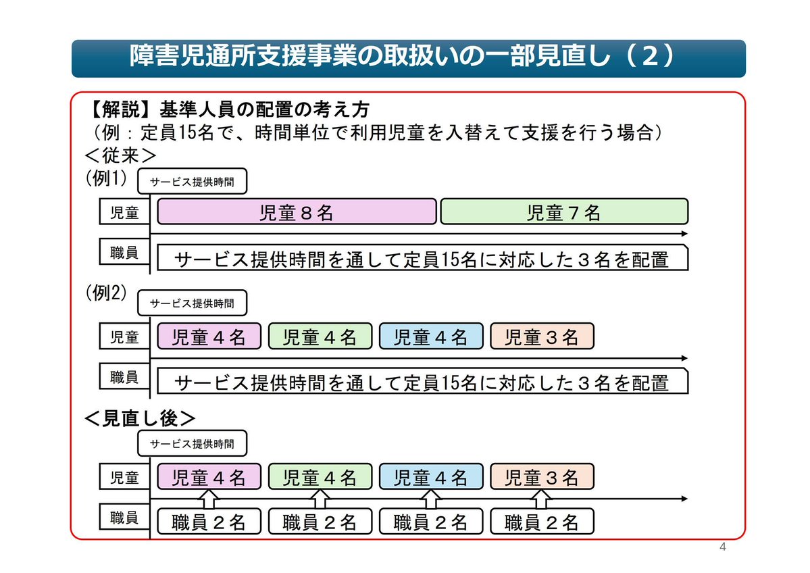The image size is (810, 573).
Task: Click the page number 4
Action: [x=722, y=547]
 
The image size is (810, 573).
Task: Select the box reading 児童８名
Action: [x=297, y=211]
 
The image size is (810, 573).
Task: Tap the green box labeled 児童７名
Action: [x=564, y=211]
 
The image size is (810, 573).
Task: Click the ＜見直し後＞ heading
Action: [x=140, y=418]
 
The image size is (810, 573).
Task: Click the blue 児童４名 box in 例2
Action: [x=431, y=336]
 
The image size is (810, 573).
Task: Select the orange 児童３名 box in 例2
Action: [x=542, y=336]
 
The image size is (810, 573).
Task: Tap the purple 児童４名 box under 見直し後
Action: [x=209, y=477]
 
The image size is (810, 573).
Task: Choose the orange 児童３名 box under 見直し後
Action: [x=542, y=477]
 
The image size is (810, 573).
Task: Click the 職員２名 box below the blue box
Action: [x=431, y=522]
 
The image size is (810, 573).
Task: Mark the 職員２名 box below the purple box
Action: [x=209, y=522]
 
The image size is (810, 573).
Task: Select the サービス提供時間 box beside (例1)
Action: [x=193, y=182]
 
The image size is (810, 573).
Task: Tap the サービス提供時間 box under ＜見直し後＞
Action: [x=193, y=444]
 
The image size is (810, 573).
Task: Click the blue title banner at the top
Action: [x=408, y=58]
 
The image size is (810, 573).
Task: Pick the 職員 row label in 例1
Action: [x=124, y=253]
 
